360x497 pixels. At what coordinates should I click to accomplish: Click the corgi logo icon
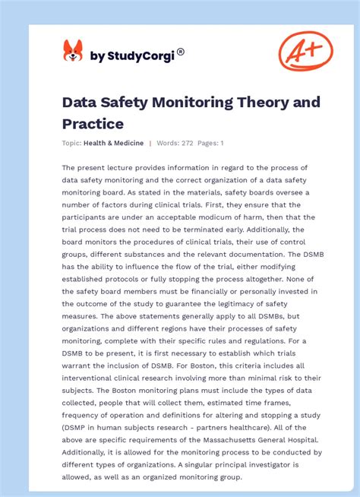73,51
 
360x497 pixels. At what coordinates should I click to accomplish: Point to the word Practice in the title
93,122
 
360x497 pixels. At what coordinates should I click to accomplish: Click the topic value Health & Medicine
115,143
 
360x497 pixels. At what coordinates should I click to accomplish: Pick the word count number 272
186,143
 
